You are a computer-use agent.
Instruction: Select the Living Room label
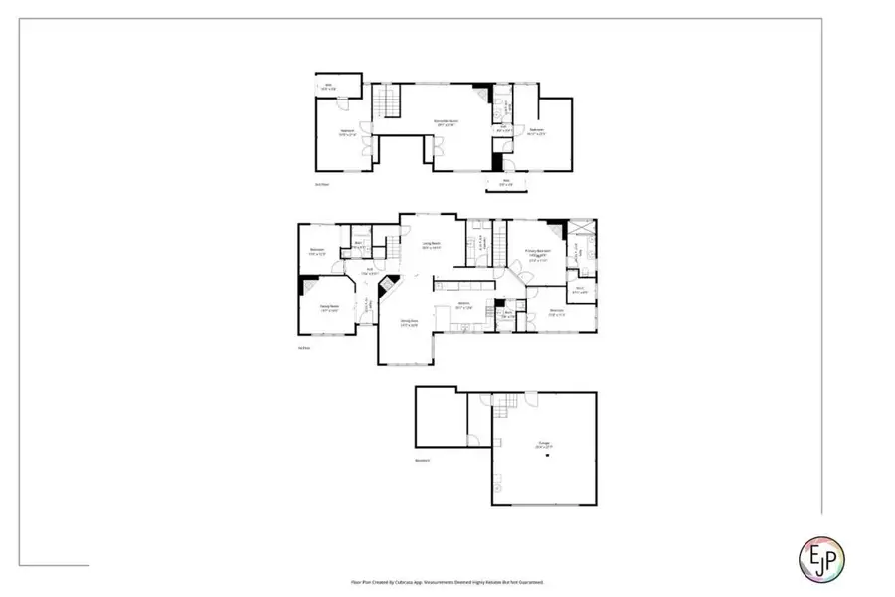click(x=431, y=245)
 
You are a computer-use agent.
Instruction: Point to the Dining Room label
click(x=409, y=323)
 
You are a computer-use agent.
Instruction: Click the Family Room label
click(x=328, y=308)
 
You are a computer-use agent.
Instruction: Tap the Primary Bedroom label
click(x=539, y=253)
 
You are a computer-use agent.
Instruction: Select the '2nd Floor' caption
click(x=322, y=185)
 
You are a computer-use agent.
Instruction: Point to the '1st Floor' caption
click(x=304, y=348)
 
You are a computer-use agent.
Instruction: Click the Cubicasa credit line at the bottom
click(x=447, y=582)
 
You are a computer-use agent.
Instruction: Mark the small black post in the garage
click(x=545, y=456)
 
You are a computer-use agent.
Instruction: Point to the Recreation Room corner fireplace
click(x=481, y=89)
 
